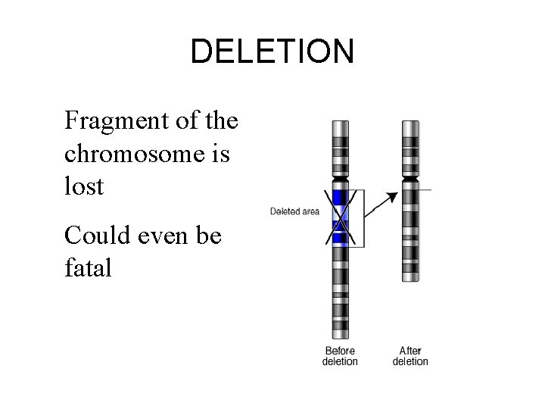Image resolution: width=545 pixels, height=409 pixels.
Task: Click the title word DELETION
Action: tap(272, 52)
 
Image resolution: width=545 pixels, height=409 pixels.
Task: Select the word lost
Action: tap(83, 186)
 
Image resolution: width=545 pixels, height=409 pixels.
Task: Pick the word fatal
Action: tap(88, 269)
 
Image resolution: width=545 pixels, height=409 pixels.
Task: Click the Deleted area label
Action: tap(294, 211)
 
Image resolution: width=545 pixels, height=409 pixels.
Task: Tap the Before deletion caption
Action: tap(340, 356)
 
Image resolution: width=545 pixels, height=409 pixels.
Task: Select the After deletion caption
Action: tap(410, 356)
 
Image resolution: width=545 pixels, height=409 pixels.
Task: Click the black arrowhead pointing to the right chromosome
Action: tap(391, 197)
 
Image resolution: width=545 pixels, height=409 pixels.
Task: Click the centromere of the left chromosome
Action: tap(341, 182)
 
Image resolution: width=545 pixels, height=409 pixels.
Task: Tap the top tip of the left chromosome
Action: tap(341, 121)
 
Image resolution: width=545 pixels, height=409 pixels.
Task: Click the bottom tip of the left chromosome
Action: tap(341, 337)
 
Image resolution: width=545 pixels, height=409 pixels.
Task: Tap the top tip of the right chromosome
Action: tap(411, 121)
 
